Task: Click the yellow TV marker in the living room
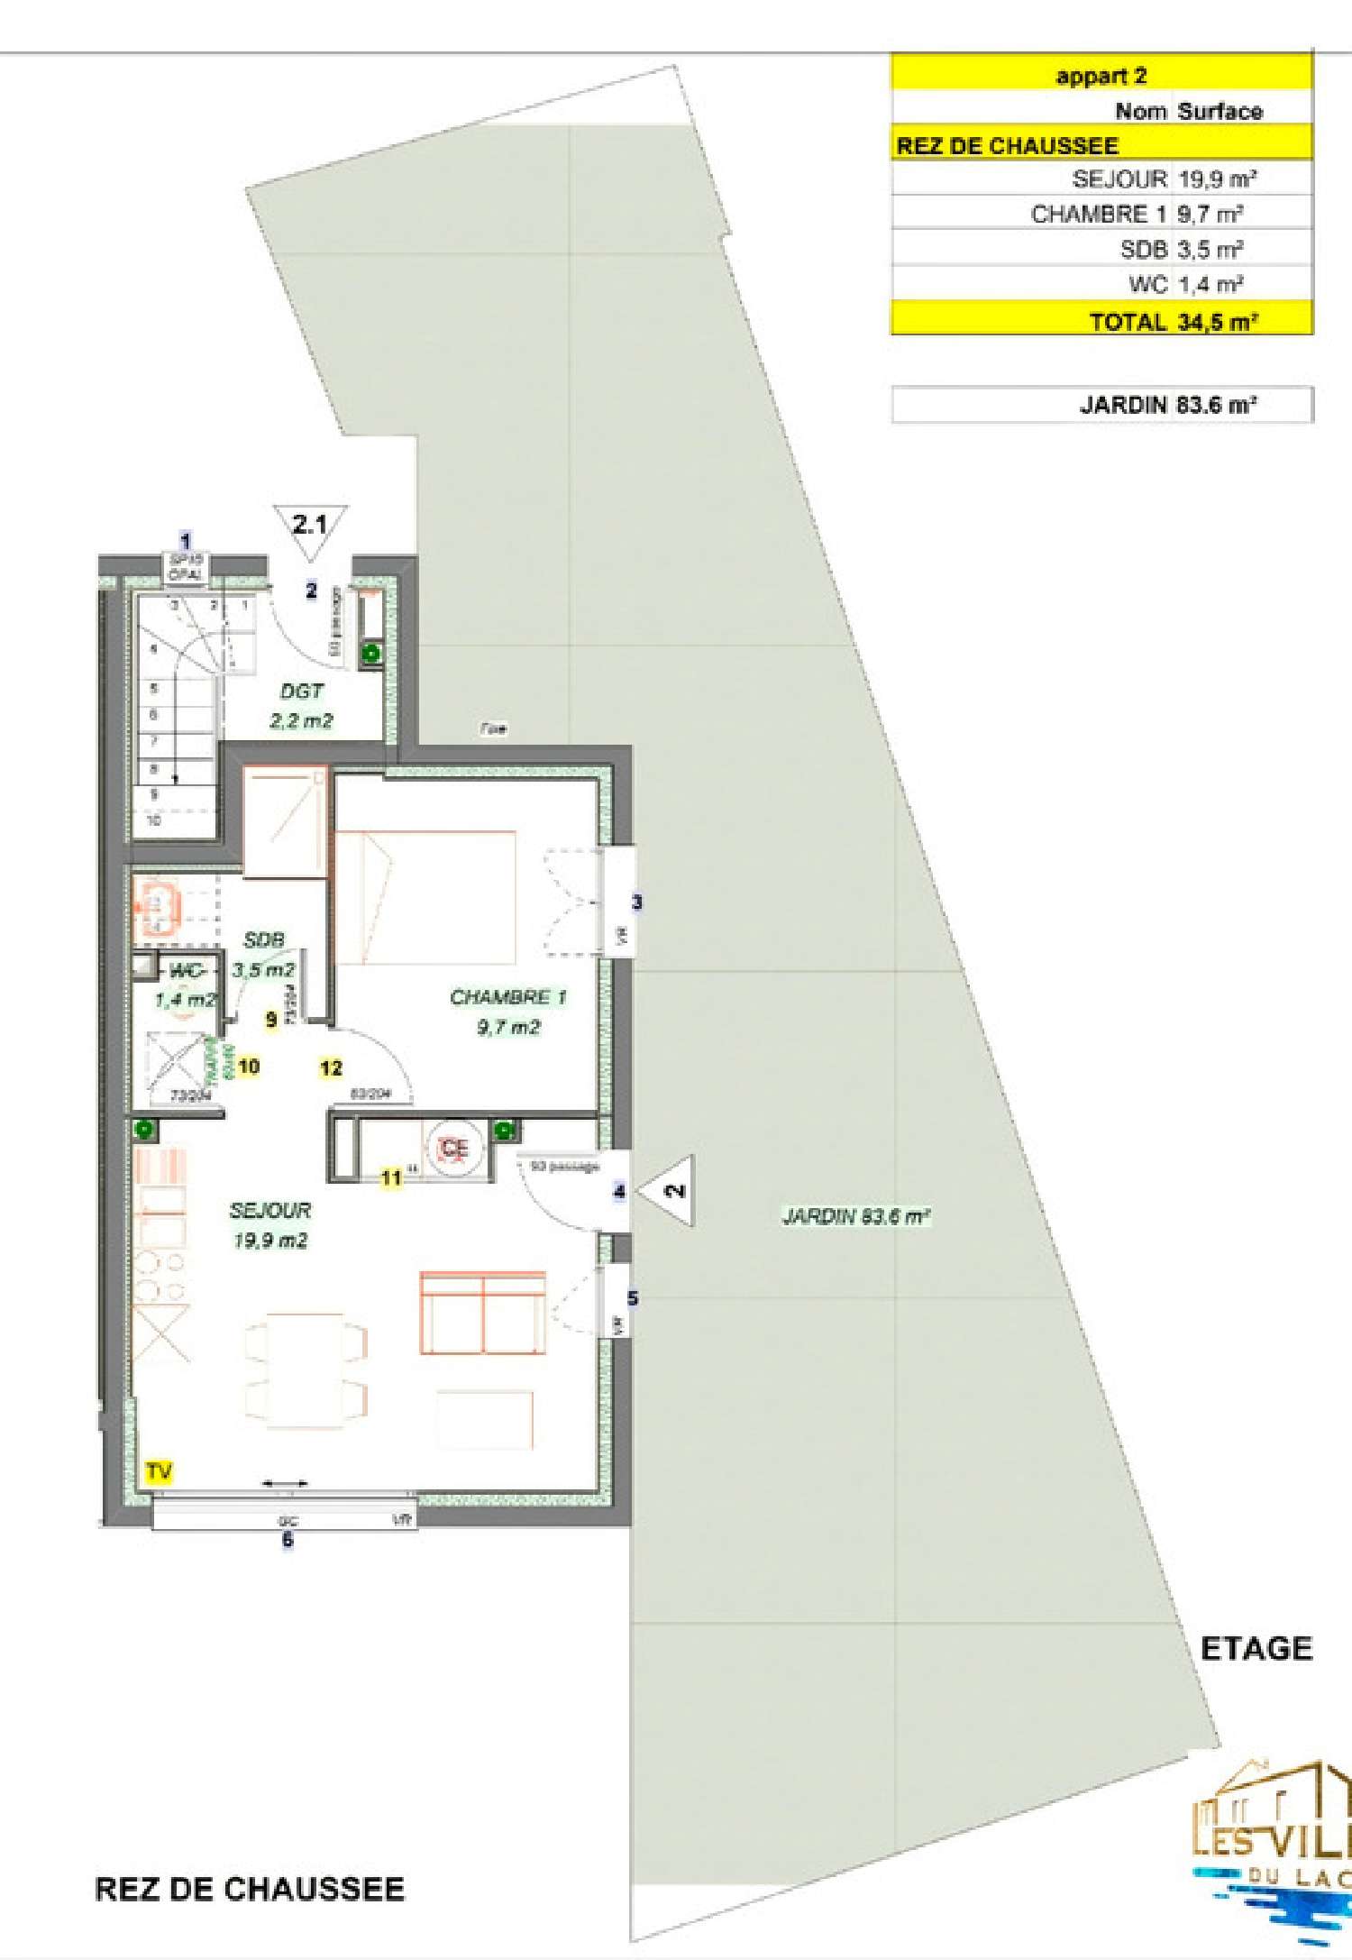click(x=159, y=1472)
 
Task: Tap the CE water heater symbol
click(x=454, y=1148)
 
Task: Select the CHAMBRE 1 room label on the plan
click(x=508, y=1011)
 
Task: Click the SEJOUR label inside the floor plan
click(x=270, y=1224)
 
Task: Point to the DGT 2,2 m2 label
click(x=301, y=705)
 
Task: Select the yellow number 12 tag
click(x=331, y=1068)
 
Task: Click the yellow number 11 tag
click(x=391, y=1177)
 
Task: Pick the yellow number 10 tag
click(x=249, y=1067)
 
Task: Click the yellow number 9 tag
click(x=270, y=1020)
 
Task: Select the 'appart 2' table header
click(x=1101, y=76)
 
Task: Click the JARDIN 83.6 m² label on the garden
click(x=855, y=1216)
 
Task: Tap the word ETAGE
click(x=1256, y=1649)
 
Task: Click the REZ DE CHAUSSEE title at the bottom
click(x=250, y=1889)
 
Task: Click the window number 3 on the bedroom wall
click(x=636, y=902)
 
